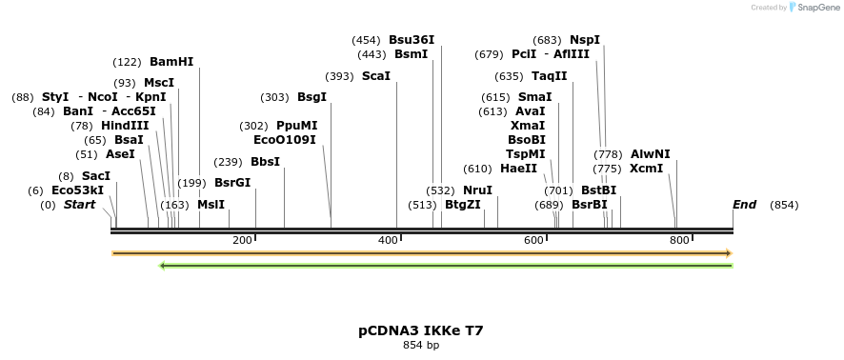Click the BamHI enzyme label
(171, 62)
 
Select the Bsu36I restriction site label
(412, 40)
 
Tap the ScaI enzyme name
(376, 76)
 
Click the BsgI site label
(311, 97)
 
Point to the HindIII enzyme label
(125, 126)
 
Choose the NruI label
(477, 190)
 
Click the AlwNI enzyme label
(650, 154)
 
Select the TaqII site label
(549, 76)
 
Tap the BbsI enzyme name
(265, 162)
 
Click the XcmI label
(647, 169)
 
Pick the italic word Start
(79, 205)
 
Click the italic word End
(744, 205)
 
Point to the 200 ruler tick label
(242, 240)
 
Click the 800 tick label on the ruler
(679, 240)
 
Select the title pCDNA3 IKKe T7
(421, 330)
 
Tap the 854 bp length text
(421, 345)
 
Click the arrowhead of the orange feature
(728, 253)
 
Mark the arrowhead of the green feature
(163, 266)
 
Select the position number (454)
(366, 40)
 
